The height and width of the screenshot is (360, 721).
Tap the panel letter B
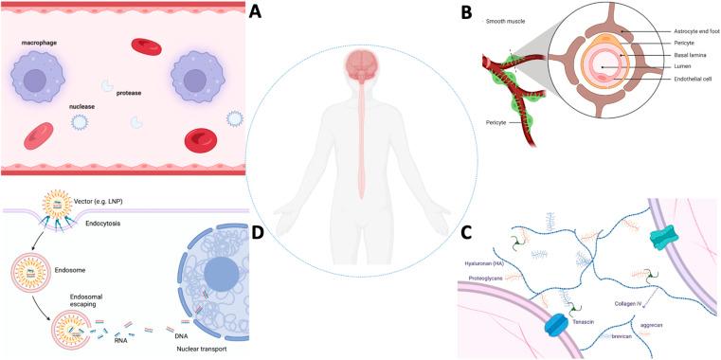pos(468,13)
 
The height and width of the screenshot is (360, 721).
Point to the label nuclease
pos(83,106)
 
